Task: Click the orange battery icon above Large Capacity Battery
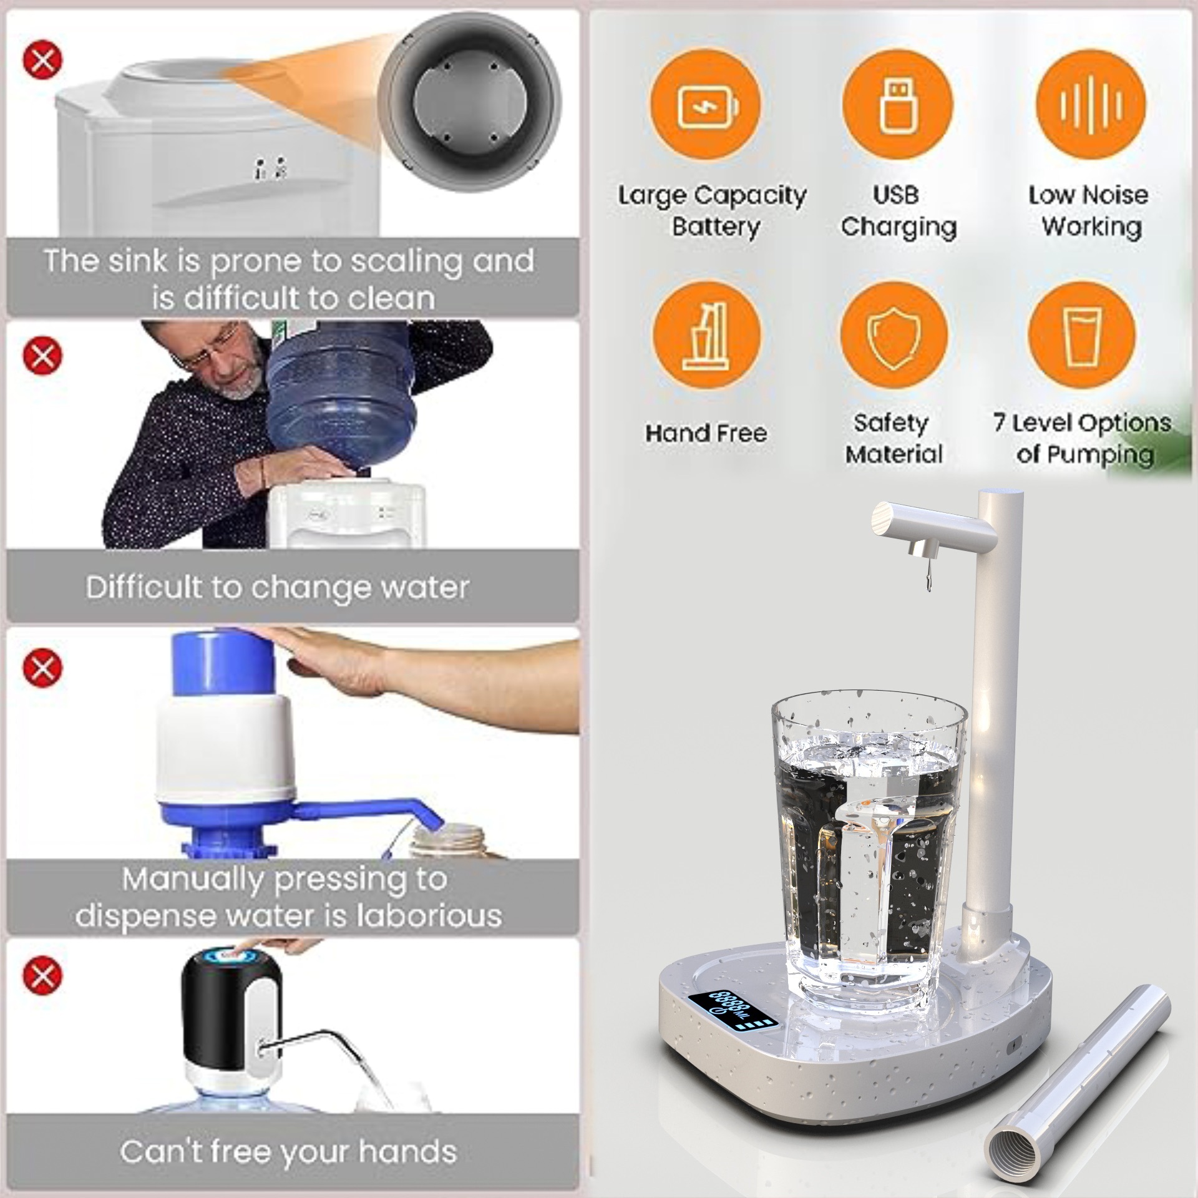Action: [x=706, y=104]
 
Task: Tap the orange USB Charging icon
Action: [x=897, y=104]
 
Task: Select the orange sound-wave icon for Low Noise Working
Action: [x=1091, y=104]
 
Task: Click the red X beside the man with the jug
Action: [x=42, y=356]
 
